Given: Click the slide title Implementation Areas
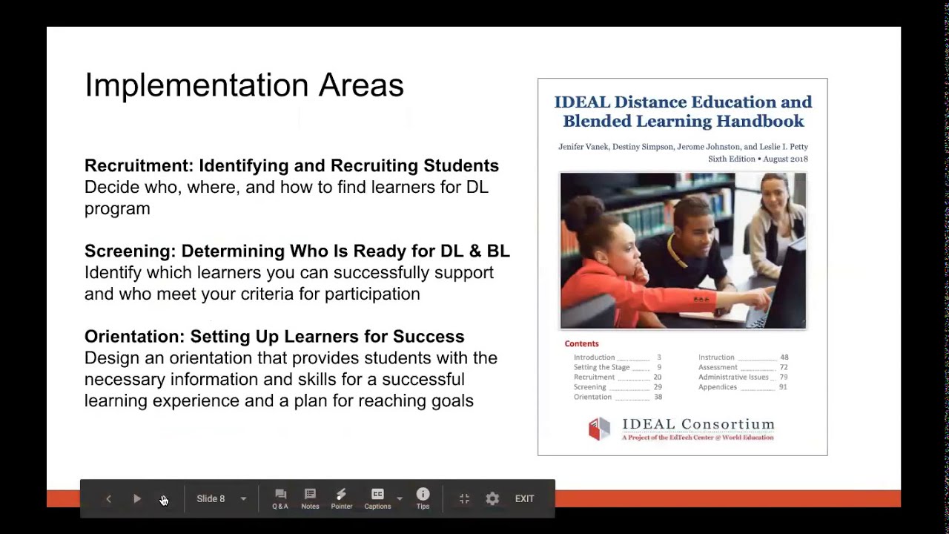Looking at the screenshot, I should tap(244, 85).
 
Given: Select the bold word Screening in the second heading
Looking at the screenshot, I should tap(129, 251).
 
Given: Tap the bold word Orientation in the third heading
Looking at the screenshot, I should tap(133, 336).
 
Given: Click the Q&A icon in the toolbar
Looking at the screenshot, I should tap(280, 495).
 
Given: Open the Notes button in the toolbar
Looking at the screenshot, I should tap(310, 495).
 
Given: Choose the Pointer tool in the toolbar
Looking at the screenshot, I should tap(341, 495).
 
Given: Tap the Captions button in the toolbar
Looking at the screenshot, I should tap(377, 495).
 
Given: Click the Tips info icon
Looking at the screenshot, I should tap(423, 495).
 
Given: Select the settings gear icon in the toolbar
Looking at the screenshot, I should tap(492, 499).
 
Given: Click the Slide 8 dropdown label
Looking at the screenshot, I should tap(211, 499).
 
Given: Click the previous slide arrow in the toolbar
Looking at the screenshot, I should tap(108, 499).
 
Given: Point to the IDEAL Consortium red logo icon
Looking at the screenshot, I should tap(599, 428).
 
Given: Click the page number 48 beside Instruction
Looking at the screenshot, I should tap(784, 357).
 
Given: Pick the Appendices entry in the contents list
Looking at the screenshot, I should tap(718, 387).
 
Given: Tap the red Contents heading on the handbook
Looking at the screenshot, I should tap(581, 343).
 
